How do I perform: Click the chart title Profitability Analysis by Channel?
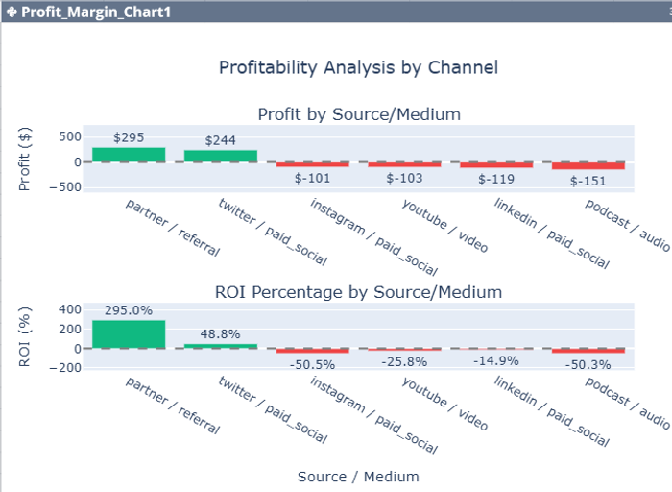pyautogui.click(x=358, y=68)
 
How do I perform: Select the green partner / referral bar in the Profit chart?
pyautogui.click(x=129, y=155)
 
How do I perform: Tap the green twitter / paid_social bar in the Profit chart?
pyautogui.click(x=221, y=156)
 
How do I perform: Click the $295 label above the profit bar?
pyautogui.click(x=129, y=137)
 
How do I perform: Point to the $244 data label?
pyautogui.click(x=221, y=140)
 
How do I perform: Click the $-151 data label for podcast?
pyautogui.click(x=588, y=181)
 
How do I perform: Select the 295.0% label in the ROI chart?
pyautogui.click(x=129, y=310)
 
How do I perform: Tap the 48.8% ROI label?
pyautogui.click(x=221, y=334)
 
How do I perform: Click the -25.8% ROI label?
pyautogui.click(x=404, y=361)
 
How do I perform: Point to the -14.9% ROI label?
pyautogui.click(x=495, y=360)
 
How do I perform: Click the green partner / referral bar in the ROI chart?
pyautogui.click(x=129, y=333)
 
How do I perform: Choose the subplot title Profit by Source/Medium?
pyautogui.click(x=359, y=114)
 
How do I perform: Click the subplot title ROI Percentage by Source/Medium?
pyautogui.click(x=359, y=291)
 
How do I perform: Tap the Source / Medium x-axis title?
pyautogui.click(x=358, y=477)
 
